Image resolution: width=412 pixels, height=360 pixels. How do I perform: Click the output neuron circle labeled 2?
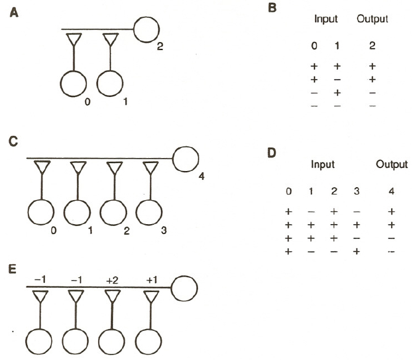(x=146, y=29)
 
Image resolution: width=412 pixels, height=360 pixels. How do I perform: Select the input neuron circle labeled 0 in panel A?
(x=74, y=85)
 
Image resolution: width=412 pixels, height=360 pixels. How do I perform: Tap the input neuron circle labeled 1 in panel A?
(x=111, y=85)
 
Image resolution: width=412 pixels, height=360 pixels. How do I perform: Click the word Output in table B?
(x=372, y=19)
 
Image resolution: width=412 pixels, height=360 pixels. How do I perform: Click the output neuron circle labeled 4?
(x=184, y=159)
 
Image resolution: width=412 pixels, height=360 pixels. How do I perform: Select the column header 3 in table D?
(x=357, y=193)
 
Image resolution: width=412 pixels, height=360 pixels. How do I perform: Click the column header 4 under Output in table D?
(x=393, y=193)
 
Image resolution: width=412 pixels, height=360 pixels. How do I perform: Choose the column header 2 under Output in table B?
(x=373, y=46)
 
